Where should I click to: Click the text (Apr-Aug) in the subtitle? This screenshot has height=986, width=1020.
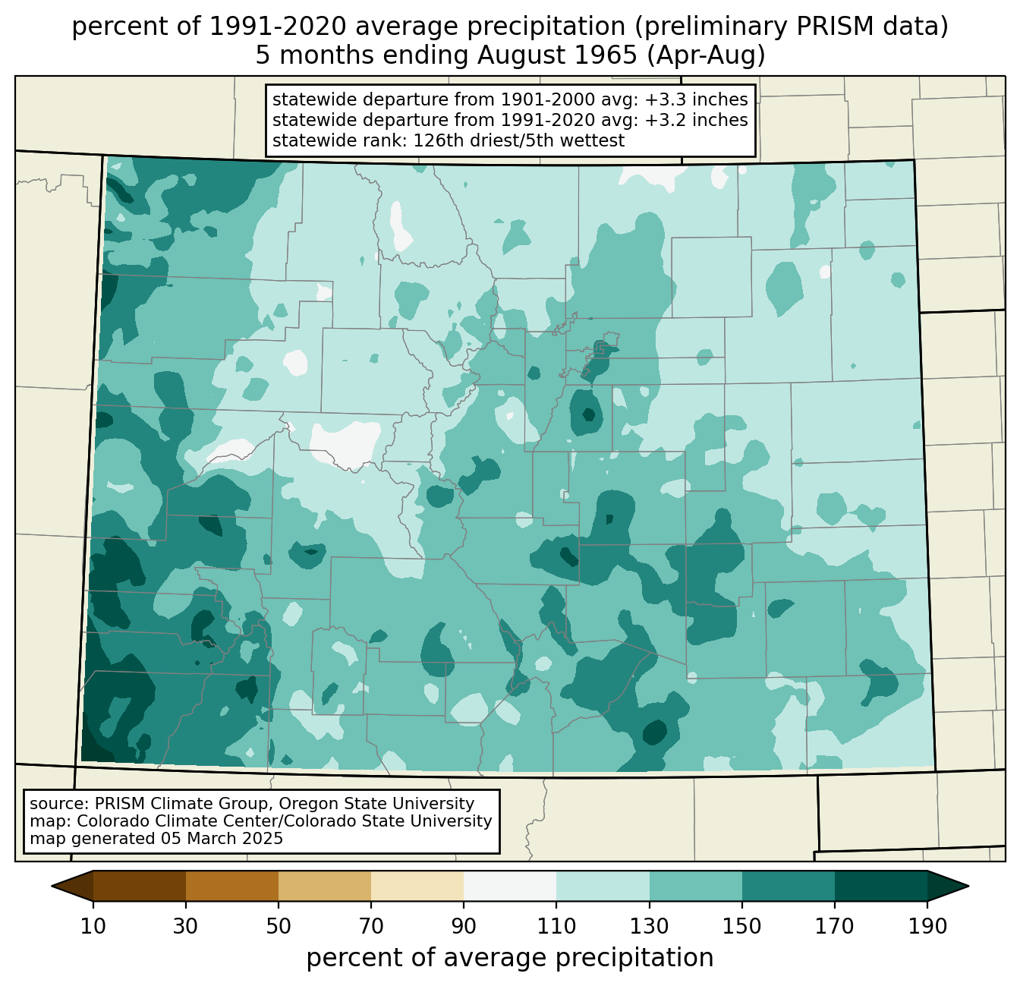pos(706,56)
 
